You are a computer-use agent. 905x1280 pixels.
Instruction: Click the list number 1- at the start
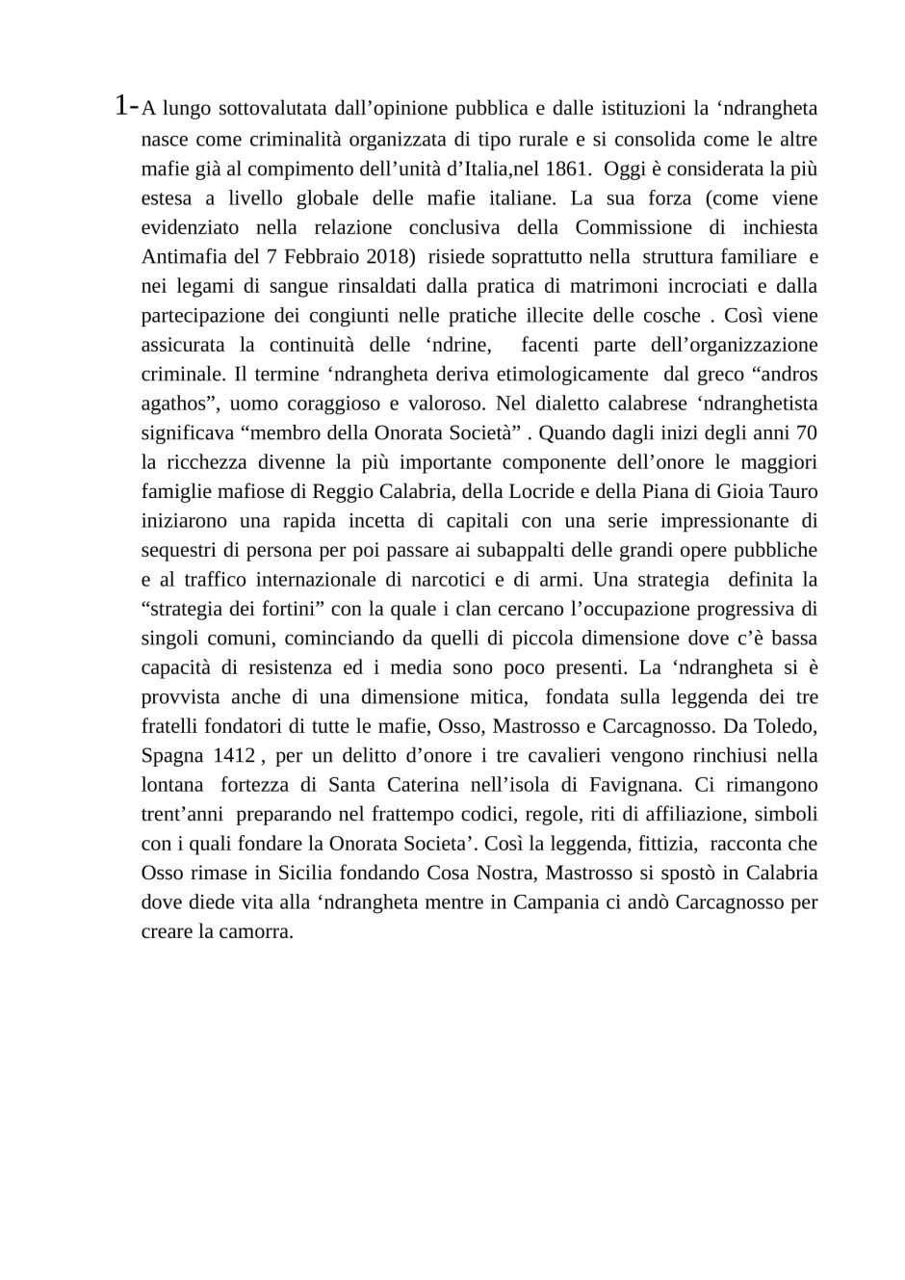coord(125,106)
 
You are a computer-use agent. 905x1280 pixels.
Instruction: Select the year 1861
coord(565,169)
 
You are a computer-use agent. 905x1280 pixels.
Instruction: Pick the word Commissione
coord(633,227)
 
